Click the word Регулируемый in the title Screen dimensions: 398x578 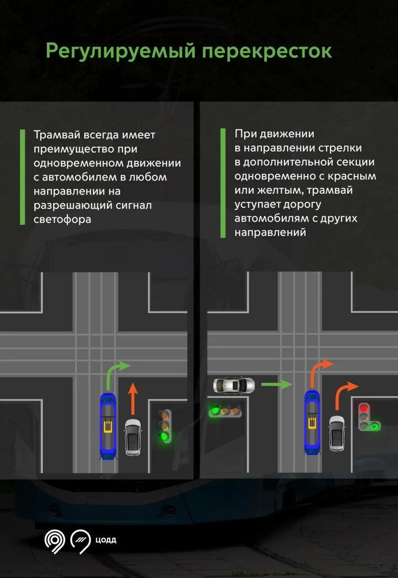(120, 51)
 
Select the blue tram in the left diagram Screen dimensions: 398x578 (108, 426)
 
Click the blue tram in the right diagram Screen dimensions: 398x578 (312, 422)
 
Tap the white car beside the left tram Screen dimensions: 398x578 (133, 437)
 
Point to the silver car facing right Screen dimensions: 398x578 (233, 385)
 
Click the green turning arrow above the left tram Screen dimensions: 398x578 (115, 373)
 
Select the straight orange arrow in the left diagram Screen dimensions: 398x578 (133, 398)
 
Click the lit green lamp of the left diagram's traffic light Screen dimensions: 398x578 (165, 436)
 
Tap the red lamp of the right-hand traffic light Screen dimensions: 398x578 (364, 408)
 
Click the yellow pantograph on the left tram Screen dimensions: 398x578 (108, 426)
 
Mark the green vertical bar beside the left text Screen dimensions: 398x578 (22, 177)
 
